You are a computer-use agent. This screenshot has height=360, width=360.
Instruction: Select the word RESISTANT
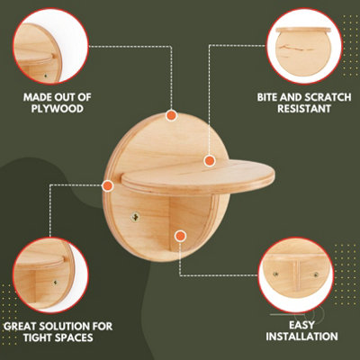(298, 108)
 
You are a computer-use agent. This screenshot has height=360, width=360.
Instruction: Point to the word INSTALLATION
(301, 337)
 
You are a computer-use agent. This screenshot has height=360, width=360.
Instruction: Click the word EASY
(301, 323)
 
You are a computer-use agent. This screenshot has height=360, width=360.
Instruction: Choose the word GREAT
(23, 326)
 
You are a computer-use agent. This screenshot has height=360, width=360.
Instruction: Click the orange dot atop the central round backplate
(170, 115)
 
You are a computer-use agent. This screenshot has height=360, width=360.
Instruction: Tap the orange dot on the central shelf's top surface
(209, 161)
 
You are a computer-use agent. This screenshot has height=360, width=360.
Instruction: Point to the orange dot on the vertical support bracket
(180, 236)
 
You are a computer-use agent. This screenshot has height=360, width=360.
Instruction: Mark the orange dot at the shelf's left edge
(108, 185)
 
